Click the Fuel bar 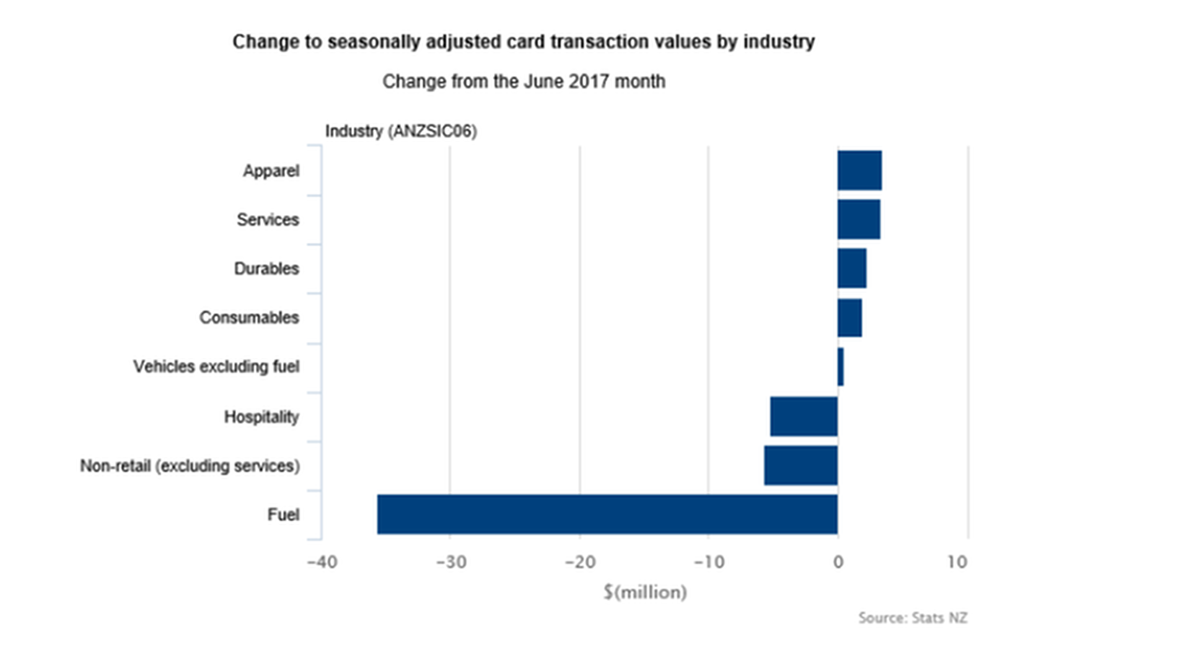[607, 514]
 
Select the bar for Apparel [859, 170]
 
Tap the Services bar [859, 219]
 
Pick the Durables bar [852, 268]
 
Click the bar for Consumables [849, 317]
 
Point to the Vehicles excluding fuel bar [841, 367]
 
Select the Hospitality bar [804, 416]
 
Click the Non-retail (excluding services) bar [801, 465]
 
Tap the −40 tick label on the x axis [322, 562]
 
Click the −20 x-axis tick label [580, 562]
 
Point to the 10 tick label [957, 562]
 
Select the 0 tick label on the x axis [838, 562]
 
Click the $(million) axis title [645, 592]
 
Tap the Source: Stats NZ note [912, 618]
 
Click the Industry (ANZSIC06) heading [401, 131]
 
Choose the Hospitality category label [261, 417]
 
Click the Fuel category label [283, 515]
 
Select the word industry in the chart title [778, 42]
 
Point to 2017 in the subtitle [589, 81]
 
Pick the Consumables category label [249, 318]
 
